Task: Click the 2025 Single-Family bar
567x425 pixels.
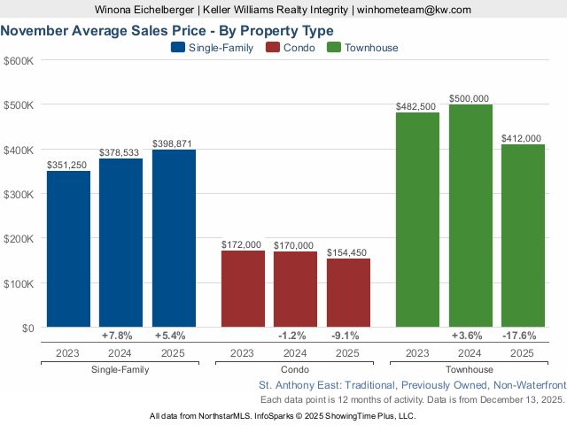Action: tap(174, 238)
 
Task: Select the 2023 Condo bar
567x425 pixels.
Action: tap(243, 289)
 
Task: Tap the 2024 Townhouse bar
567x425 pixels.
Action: tap(470, 216)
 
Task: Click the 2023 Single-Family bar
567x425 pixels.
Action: tap(68, 249)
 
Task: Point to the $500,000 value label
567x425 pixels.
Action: tap(470, 98)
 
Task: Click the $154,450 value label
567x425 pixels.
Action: tap(348, 252)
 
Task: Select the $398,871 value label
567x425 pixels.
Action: tap(174, 143)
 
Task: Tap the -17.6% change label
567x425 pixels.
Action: tap(523, 336)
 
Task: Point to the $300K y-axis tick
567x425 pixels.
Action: tap(19, 194)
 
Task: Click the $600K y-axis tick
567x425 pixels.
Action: tap(19, 60)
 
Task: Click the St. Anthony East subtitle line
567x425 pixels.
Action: tap(411, 386)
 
